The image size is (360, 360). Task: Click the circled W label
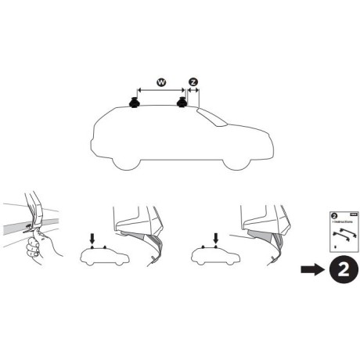pyautogui.click(x=160, y=81)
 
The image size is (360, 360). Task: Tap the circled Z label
pyautogui.click(x=193, y=81)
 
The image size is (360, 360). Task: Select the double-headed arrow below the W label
pyautogui.click(x=160, y=92)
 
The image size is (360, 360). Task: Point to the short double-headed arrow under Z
pyautogui.click(x=193, y=92)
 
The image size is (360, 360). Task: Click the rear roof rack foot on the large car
pyautogui.click(x=133, y=103)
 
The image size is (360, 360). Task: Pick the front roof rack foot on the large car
pyautogui.click(x=182, y=103)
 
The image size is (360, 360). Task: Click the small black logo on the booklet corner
pyautogui.click(x=352, y=212)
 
